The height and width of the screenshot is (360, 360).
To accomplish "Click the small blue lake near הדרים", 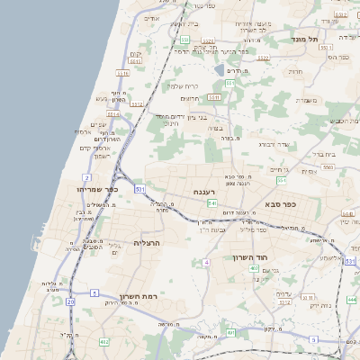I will [x=220, y=69].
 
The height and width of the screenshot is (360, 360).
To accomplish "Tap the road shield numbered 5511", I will [x=113, y=114].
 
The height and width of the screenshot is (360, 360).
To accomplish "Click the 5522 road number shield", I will [x=136, y=103].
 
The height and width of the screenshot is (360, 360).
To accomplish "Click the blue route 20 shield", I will [x=70, y=301].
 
